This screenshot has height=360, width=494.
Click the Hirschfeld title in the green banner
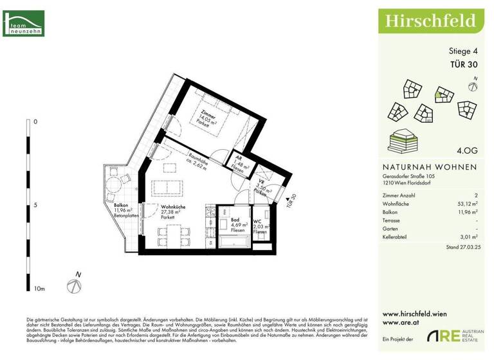[x=430, y=21]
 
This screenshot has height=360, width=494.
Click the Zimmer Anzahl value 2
[x=475, y=194]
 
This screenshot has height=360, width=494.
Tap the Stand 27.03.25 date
[x=461, y=247]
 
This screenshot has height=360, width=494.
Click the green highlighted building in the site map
[x=439, y=96]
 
